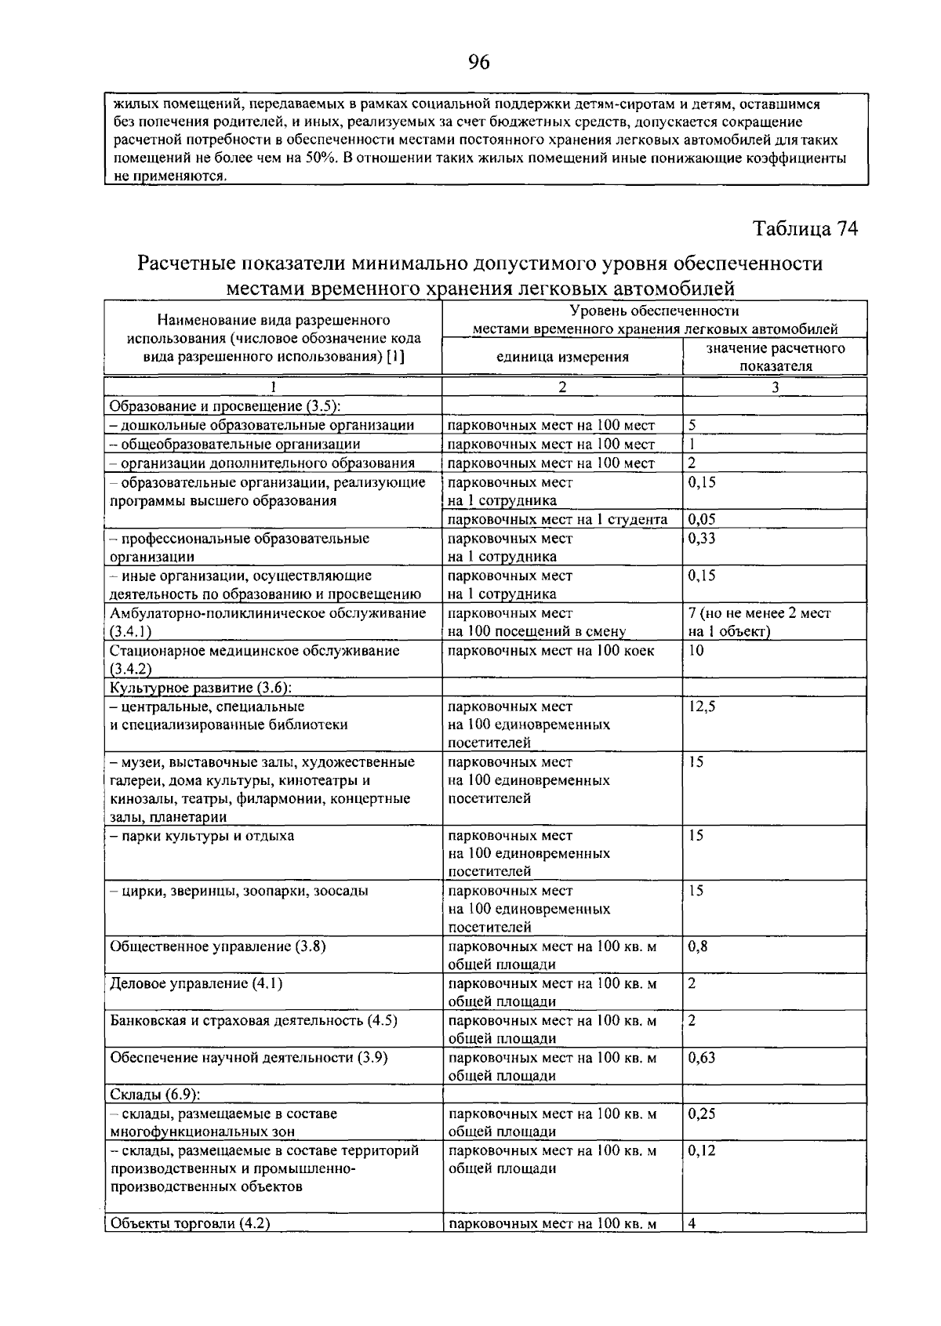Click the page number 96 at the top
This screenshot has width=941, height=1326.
(x=478, y=62)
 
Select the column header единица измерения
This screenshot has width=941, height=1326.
(x=562, y=357)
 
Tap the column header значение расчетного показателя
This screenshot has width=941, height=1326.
(x=775, y=357)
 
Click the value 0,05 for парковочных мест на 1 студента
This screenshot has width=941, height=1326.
(x=701, y=519)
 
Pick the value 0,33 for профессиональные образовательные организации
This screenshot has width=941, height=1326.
(x=701, y=538)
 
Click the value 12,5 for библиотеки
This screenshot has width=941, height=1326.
(x=701, y=706)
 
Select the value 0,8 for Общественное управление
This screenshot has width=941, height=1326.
(x=698, y=946)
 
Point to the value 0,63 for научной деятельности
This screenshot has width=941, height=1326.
(x=701, y=1057)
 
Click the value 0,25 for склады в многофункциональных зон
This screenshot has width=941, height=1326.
(x=701, y=1113)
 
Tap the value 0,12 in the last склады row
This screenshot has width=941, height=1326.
(x=701, y=1150)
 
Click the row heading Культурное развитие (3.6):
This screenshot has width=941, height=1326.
(x=201, y=688)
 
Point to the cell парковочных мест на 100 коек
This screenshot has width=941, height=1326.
(x=550, y=650)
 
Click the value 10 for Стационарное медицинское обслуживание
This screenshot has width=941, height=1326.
(x=696, y=650)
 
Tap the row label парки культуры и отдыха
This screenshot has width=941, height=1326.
(x=202, y=835)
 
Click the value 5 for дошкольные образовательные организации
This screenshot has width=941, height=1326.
(x=692, y=426)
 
